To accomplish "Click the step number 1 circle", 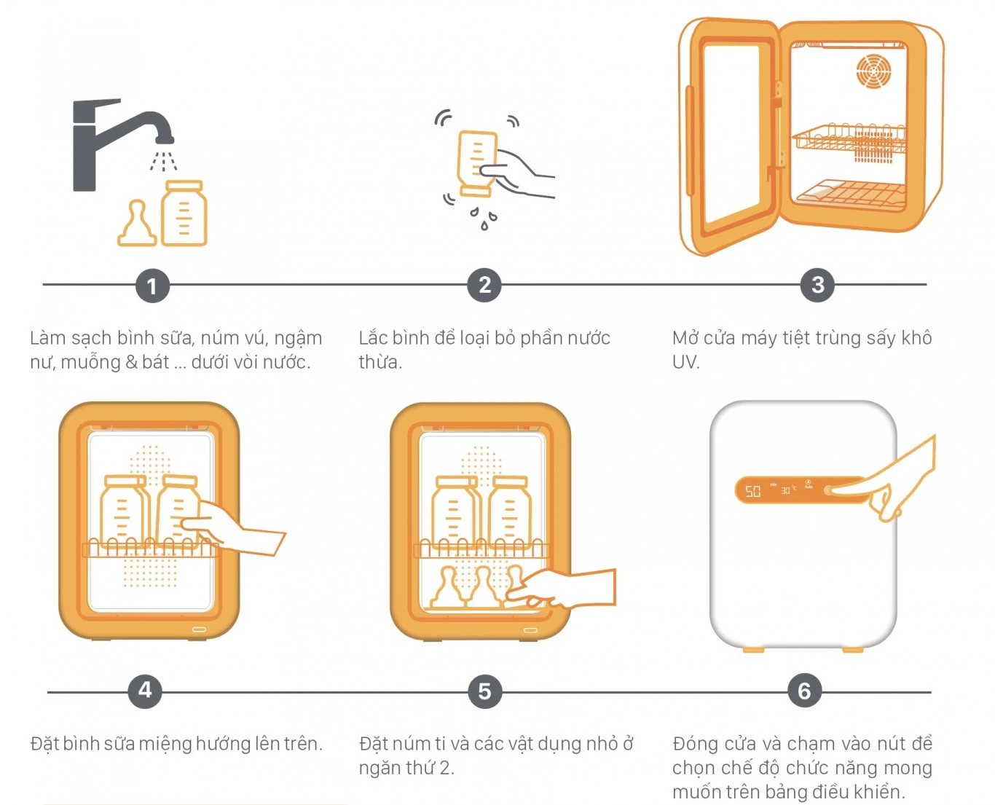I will click(x=152, y=286).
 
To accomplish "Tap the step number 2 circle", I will click(x=484, y=285).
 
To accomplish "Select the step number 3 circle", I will click(x=817, y=285).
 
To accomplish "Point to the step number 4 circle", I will click(x=145, y=690).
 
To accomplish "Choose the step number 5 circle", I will click(x=484, y=691).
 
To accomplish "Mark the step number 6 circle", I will click(x=804, y=691).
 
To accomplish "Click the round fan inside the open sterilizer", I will click(x=873, y=71).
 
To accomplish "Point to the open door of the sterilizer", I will click(x=728, y=135).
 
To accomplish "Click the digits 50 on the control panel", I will click(x=752, y=492).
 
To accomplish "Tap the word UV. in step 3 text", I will click(x=685, y=362).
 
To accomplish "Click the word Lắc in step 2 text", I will click(x=373, y=338).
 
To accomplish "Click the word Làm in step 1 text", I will click(x=48, y=338).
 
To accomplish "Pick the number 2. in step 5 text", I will click(x=446, y=768).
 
